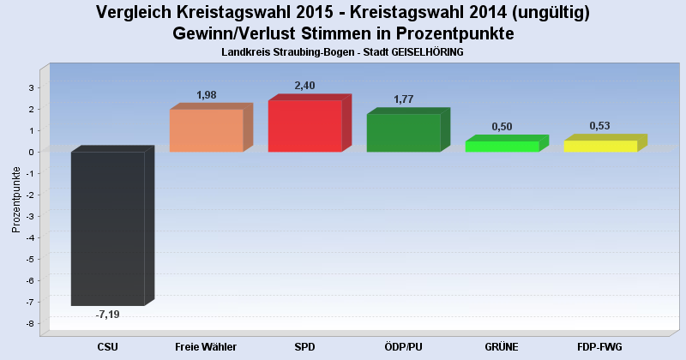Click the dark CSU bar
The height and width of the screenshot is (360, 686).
point(108,228)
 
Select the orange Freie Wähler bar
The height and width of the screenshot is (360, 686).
point(206,130)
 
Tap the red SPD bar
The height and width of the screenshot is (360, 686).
point(304,126)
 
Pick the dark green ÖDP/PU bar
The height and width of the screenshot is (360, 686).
point(403,133)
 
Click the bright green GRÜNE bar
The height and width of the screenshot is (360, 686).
point(502,147)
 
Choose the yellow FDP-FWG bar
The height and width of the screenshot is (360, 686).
point(600,147)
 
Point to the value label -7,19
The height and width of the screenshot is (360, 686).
point(108,315)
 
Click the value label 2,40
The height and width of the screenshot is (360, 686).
point(304,86)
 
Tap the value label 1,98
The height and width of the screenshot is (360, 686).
point(206,94)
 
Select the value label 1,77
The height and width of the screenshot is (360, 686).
point(403,99)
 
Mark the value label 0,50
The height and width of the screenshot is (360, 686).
point(502,127)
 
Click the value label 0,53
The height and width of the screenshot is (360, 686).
point(599,126)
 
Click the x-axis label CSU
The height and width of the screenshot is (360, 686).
point(108,346)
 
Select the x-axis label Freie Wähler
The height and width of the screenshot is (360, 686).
point(206,346)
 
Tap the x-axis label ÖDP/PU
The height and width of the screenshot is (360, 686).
point(403,346)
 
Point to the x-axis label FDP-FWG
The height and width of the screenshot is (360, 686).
point(599,346)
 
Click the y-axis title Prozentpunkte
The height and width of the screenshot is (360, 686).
point(15,200)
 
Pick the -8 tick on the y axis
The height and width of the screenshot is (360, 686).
point(30,323)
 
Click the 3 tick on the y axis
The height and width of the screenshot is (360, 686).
point(31,87)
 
